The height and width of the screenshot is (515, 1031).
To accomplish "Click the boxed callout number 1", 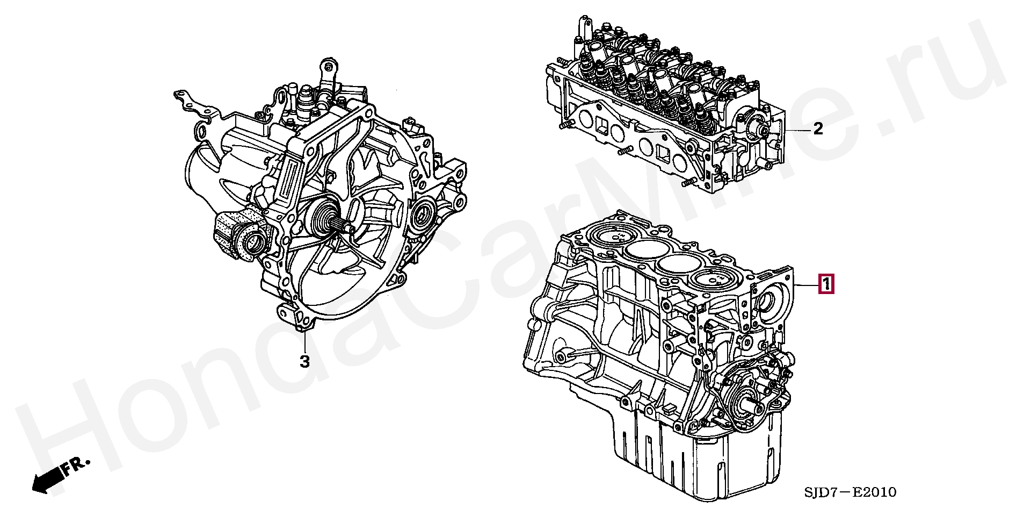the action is click(x=826, y=284).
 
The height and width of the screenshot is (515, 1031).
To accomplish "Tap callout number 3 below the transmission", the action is click(x=304, y=362).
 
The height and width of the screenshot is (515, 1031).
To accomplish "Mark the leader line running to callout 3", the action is click(x=304, y=339).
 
